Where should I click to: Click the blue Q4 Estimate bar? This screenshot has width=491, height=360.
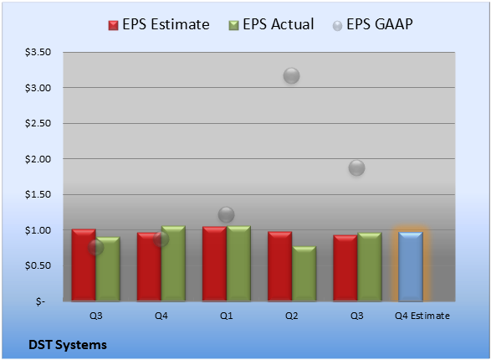(x=411, y=266)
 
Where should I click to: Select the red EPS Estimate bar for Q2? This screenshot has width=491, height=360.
(x=279, y=266)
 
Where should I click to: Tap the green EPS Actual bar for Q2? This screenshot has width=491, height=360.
(x=304, y=274)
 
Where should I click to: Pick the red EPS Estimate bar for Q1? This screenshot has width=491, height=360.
(x=214, y=264)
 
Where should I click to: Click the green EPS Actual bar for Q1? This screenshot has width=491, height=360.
(x=238, y=264)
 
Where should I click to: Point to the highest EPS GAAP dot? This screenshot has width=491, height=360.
(x=292, y=76)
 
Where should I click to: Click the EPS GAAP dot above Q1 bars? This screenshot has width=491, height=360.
(x=226, y=214)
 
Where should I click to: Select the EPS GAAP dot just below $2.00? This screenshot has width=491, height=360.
(x=356, y=168)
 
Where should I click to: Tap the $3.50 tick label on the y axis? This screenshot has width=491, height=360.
(x=38, y=52)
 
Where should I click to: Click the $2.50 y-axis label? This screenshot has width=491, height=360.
(x=38, y=123)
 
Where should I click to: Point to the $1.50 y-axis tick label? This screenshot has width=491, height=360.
(x=38, y=194)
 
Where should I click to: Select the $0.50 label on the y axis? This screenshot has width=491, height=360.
(x=38, y=265)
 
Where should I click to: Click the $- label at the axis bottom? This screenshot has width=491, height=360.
(x=40, y=301)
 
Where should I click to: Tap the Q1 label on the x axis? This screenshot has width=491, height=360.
(x=226, y=316)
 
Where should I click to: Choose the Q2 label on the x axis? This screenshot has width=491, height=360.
(x=292, y=316)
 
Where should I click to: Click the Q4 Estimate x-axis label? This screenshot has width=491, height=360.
(x=422, y=316)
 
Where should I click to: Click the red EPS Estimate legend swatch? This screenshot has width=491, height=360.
(x=113, y=25)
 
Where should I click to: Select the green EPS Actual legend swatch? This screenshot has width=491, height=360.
(x=233, y=25)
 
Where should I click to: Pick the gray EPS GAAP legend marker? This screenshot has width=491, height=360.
(x=337, y=26)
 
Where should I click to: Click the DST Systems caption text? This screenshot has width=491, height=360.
(x=68, y=345)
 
